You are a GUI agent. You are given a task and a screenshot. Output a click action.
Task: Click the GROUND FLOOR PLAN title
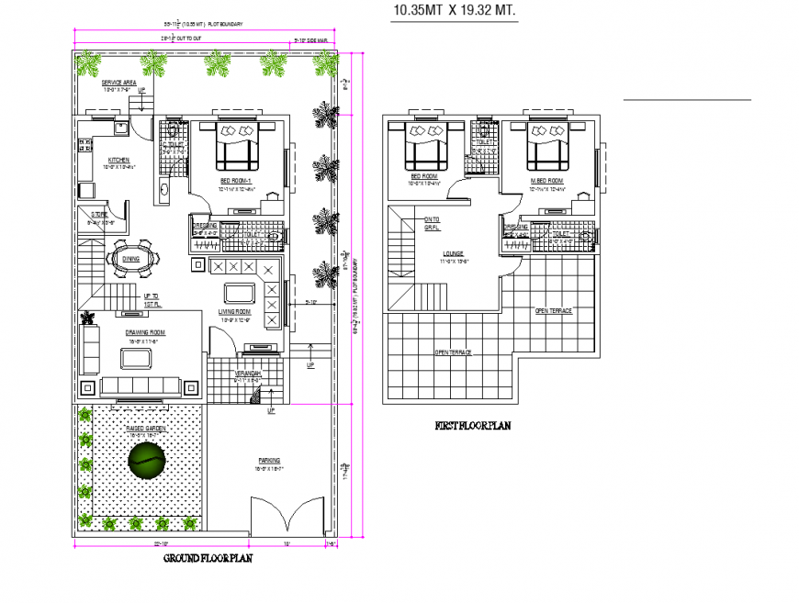click(x=208, y=557)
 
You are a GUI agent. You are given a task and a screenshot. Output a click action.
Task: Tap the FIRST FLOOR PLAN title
click(x=472, y=426)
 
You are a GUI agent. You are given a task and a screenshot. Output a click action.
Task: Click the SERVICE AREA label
click(x=118, y=82)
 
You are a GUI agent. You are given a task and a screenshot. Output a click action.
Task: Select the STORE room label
click(x=99, y=216)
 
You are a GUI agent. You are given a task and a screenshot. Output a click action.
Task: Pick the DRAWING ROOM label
click(x=145, y=332)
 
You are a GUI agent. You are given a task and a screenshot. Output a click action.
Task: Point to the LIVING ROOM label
click(x=235, y=313)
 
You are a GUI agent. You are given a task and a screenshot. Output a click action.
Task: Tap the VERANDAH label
click(x=248, y=374)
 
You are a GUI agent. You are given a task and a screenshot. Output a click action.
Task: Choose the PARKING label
click(x=269, y=460)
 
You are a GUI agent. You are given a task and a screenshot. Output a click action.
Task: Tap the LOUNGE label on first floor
click(x=452, y=253)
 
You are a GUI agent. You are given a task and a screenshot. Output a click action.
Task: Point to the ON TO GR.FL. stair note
click(x=432, y=223)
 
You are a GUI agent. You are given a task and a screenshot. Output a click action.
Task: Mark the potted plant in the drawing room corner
click(x=88, y=318)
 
